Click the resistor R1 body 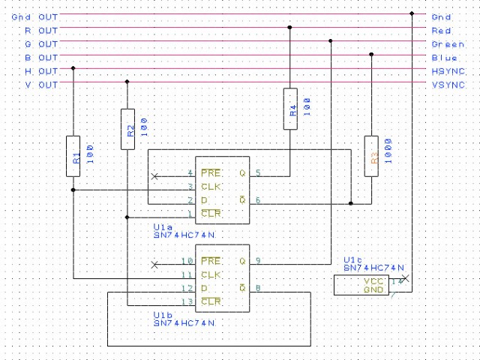point(73,156)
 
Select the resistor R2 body point(127,129)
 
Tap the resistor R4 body point(290,109)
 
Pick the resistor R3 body point(370,156)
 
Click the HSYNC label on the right point(448,70)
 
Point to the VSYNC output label point(448,85)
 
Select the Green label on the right point(448,43)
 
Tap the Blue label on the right point(444,57)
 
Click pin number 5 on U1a point(258,173)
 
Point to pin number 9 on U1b point(258,261)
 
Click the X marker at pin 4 point(154,176)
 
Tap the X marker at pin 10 point(154,265)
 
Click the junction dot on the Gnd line point(412,13)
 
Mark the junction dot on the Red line point(290,27)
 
